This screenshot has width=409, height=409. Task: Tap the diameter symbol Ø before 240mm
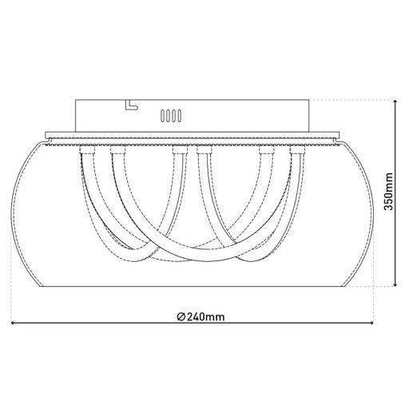point(181,316)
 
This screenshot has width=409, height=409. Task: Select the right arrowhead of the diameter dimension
point(375,324)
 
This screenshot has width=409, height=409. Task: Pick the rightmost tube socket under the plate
point(299,150)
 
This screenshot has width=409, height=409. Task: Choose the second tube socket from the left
point(117,150)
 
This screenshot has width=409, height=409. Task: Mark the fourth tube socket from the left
point(205,150)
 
